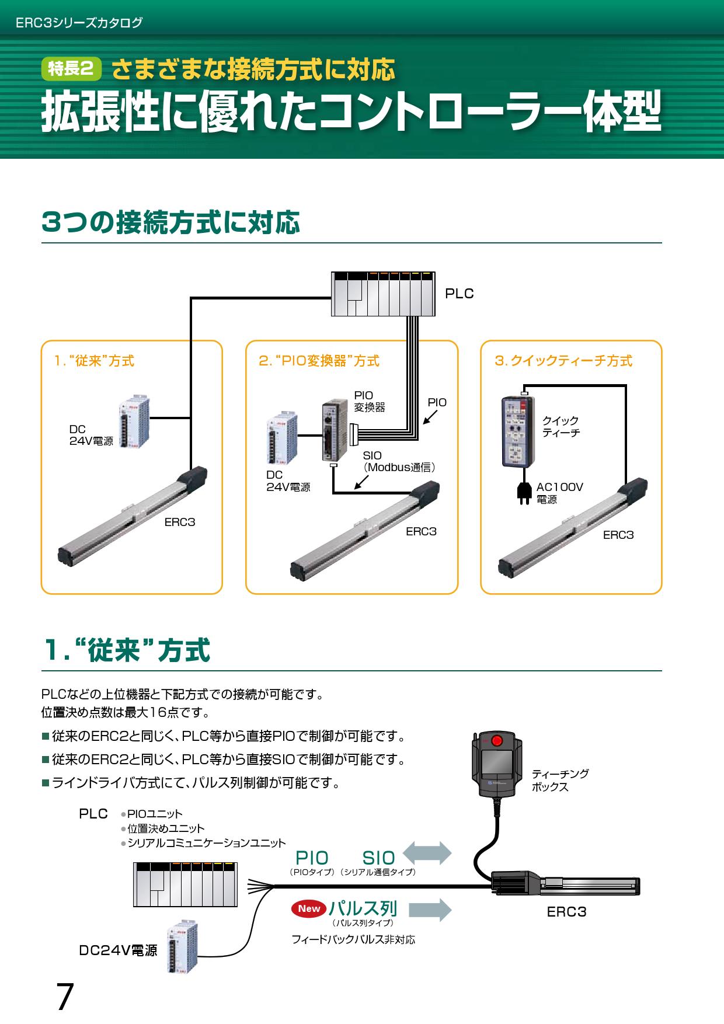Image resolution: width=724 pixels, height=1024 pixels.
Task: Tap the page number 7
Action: tap(65, 997)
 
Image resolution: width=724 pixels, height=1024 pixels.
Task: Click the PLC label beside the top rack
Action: tap(460, 294)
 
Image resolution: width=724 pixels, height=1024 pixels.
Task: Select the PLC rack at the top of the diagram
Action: tap(383, 294)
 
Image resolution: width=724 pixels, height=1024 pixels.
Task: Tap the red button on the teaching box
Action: tap(497, 741)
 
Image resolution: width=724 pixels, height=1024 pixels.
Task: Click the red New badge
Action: tap(309, 908)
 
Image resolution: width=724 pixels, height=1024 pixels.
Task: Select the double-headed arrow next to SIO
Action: tap(427, 853)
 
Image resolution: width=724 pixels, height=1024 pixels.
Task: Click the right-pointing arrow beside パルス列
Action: tap(430, 910)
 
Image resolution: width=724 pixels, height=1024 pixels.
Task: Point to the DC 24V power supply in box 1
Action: tap(133, 423)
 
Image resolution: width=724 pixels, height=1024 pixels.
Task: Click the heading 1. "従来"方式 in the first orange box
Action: tap(94, 361)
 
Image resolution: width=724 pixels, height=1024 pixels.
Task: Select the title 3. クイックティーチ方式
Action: tap(563, 361)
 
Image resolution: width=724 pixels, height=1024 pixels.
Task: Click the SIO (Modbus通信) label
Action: tap(399, 461)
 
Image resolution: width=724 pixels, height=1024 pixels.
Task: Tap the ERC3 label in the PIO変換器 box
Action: tap(421, 531)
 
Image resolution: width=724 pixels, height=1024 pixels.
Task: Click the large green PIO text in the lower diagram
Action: tap(312, 858)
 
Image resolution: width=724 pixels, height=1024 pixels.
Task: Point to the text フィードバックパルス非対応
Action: tap(353, 940)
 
